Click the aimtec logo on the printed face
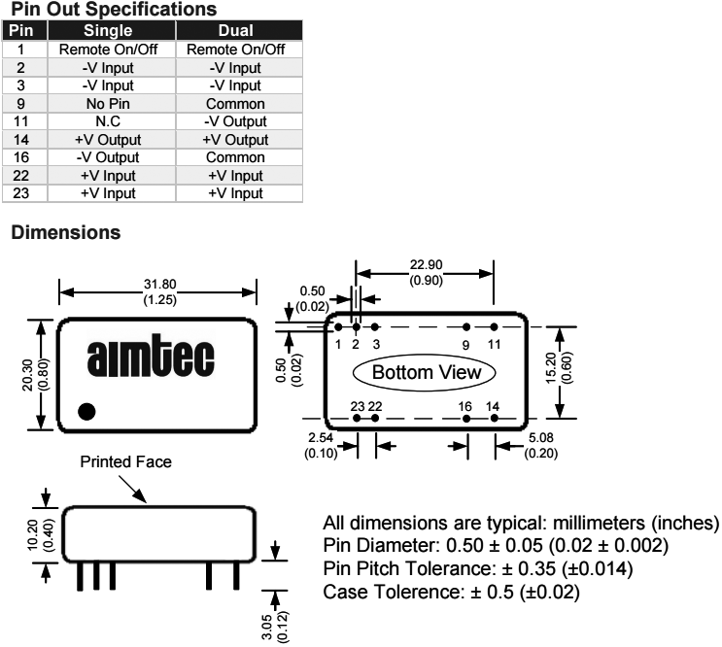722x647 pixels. (x=157, y=358)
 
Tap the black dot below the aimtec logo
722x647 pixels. (x=86, y=411)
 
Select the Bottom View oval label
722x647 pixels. (x=424, y=373)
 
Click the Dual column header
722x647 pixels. (x=236, y=31)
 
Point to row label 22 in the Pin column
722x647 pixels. (x=20, y=176)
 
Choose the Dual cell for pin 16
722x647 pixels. (x=236, y=157)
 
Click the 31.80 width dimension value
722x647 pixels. (x=159, y=284)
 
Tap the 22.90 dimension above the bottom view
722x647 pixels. (x=425, y=267)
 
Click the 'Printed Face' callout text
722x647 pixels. (x=126, y=462)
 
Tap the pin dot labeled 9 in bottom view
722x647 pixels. (x=466, y=328)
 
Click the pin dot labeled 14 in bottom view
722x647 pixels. (x=494, y=419)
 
